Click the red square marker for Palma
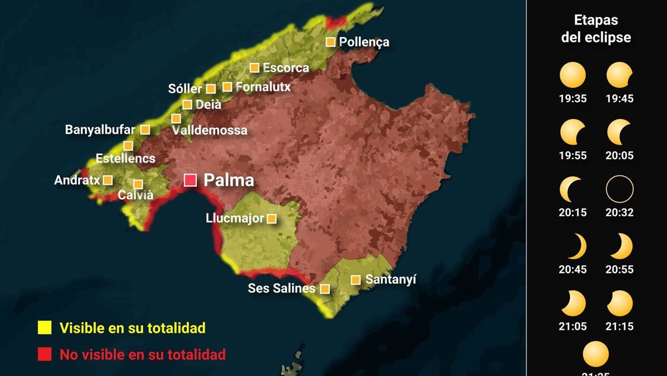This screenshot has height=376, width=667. coord(191,180)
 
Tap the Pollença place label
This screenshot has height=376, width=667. coord(364,42)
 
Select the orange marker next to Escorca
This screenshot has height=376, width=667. coord(254,68)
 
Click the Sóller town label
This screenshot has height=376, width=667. coord(185,89)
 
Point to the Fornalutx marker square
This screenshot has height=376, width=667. coord(227,87)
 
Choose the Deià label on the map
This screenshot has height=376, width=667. coord(208,104)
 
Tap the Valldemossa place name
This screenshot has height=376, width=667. coord(210,131)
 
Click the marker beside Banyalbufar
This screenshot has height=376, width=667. coord(145,130)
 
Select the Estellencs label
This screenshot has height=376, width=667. coord(125,159)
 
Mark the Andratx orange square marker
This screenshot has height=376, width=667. coord(108,180)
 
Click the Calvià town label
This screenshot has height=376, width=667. coord(136,195)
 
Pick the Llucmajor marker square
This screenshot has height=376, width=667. coord(271,219)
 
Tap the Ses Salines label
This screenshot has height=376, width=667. coord(281,289)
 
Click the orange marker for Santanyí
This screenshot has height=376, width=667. coord(355,280)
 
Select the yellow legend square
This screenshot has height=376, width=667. coord(44,328)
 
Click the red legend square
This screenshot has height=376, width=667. coord(44,354)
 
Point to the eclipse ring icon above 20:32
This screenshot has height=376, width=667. coord(620,189)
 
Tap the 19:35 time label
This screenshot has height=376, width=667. coord(573,99)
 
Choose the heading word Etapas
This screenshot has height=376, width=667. coord(596,21)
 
